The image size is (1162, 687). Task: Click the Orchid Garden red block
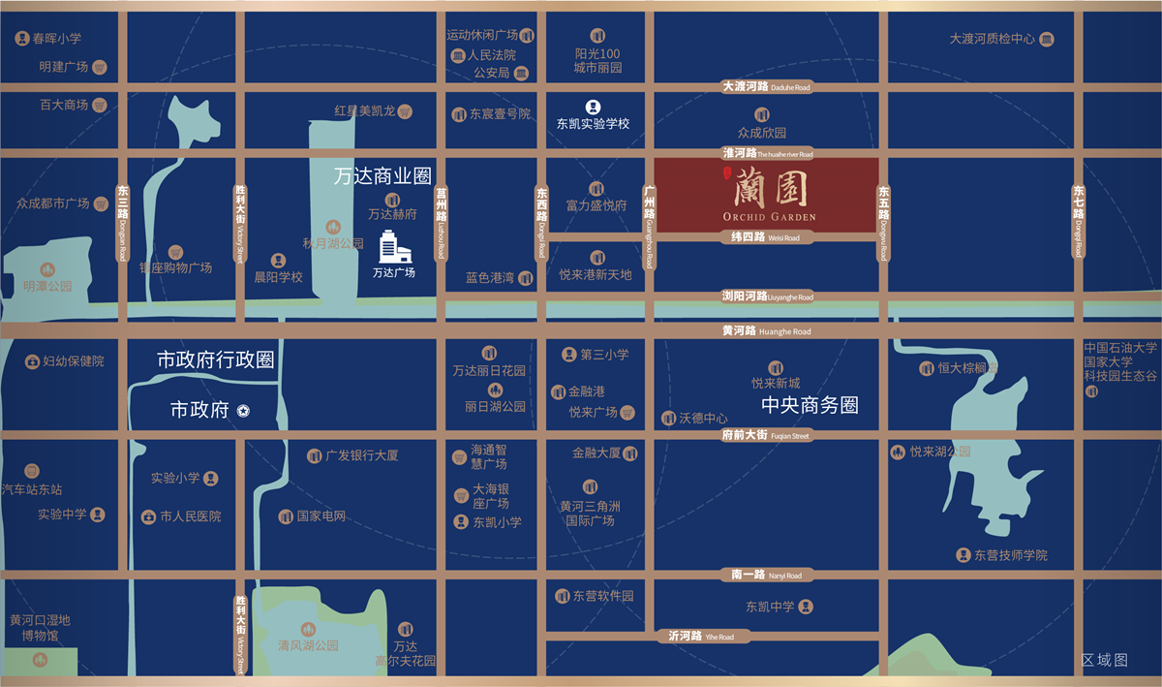pos(766,194)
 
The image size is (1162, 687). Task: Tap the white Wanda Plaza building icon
pos(394,247)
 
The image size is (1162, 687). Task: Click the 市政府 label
pos(200,411)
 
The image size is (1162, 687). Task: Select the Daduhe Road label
pos(766,87)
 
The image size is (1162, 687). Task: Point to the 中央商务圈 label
pos(810,405)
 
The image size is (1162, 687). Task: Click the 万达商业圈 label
pos(382,177)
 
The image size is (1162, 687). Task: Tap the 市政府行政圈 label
pos(216,360)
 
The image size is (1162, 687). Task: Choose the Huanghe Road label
pos(766,331)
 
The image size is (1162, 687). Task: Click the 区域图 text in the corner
pos(1105,660)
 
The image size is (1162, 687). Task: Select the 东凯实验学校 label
pos(593,124)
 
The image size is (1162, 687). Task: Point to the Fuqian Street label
pos(766,436)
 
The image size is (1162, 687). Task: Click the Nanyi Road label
pos(766,576)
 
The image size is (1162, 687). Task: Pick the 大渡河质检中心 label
pos(993,40)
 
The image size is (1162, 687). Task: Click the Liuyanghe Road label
pos(766,297)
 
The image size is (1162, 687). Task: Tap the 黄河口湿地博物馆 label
pos(41,628)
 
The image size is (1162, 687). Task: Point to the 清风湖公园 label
pos(308,645)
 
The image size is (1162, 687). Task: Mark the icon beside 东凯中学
pos(806,608)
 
